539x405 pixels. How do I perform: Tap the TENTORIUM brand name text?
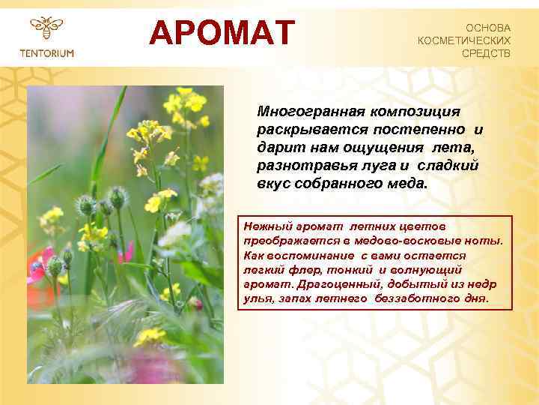click(x=46, y=52)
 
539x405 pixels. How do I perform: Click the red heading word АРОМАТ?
click(x=222, y=32)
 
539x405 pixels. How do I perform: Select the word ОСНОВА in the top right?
click(x=487, y=27)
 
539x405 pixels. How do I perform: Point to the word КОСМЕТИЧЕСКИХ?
click(x=464, y=40)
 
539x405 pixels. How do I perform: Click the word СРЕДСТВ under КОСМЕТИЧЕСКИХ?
click(x=486, y=53)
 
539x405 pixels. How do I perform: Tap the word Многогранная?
click(x=309, y=112)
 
